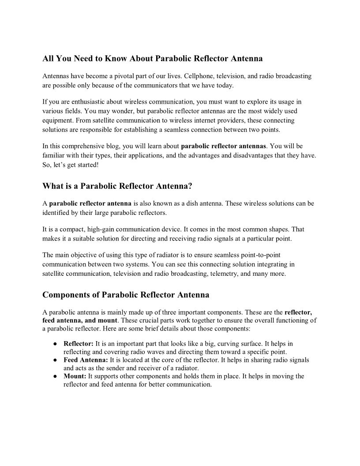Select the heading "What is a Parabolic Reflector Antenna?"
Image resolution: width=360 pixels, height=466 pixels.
tap(117, 186)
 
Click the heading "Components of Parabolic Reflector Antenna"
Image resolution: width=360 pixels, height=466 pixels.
tap(126, 294)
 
